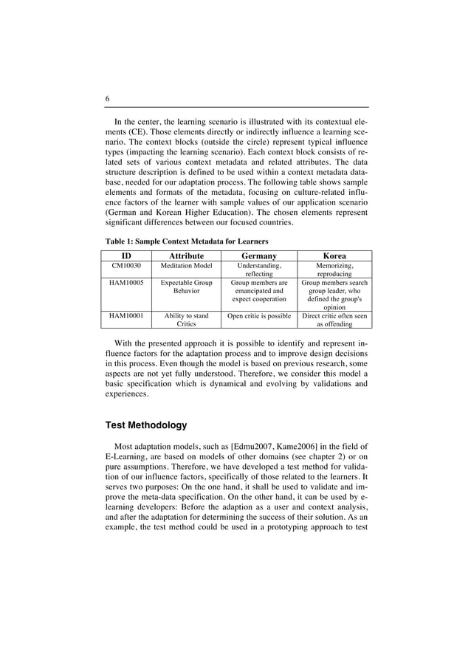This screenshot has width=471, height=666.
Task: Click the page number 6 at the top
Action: (107, 99)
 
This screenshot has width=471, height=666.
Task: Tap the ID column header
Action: (126, 255)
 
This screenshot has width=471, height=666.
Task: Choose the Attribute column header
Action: (186, 255)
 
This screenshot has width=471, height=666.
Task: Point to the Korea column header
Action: (334, 255)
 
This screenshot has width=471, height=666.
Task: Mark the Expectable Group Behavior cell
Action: (186, 286)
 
